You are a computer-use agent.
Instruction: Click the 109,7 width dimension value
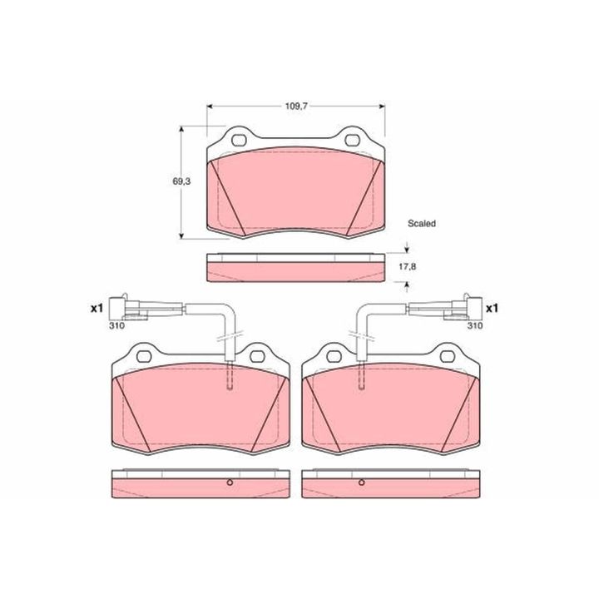(x=296, y=106)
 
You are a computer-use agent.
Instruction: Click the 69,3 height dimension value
(x=181, y=181)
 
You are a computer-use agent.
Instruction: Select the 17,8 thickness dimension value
(x=407, y=267)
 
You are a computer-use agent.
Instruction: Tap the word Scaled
(x=421, y=223)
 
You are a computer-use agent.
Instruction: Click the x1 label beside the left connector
(x=97, y=308)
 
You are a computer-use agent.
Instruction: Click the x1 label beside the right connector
(x=492, y=308)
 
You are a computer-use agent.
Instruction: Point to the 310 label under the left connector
(x=117, y=325)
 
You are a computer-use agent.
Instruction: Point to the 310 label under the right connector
(x=475, y=325)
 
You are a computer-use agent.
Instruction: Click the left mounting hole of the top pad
(x=240, y=141)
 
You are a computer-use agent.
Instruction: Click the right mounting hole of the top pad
(x=352, y=141)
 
